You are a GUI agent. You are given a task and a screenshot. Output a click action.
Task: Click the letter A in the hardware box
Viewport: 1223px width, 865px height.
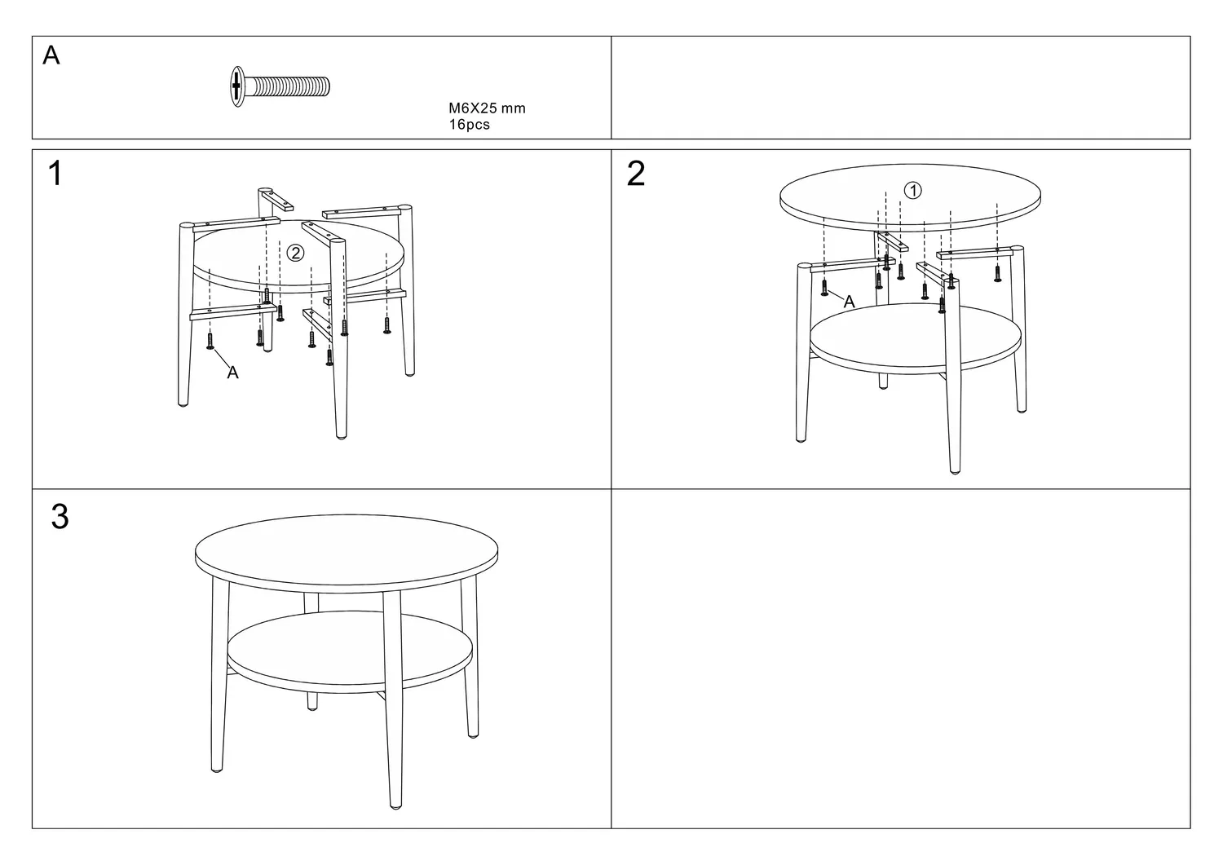pos(51,55)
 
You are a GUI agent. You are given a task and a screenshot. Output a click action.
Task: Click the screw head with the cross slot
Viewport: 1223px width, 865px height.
pos(237,86)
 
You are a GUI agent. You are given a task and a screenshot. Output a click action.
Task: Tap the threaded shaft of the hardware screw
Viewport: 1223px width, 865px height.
pos(287,86)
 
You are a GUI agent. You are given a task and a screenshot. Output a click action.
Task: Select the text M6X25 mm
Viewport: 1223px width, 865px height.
pos(487,108)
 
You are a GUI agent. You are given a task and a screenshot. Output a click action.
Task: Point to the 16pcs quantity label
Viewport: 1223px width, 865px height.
pos(469,125)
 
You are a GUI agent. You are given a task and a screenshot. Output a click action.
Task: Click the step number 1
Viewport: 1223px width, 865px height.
pos(55,174)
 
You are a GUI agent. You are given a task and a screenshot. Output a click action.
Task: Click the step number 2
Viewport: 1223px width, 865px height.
pos(636,174)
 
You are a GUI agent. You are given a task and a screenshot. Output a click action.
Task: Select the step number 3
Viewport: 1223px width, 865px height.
pos(60,517)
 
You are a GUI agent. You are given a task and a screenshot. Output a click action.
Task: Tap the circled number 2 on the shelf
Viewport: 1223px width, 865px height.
pos(295,253)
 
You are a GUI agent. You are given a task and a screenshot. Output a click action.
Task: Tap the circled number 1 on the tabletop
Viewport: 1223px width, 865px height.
pos(913,191)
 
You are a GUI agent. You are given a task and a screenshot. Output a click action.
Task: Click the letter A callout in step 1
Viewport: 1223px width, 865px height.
pos(232,373)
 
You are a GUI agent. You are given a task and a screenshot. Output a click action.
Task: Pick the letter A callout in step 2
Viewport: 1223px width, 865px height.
pos(849,302)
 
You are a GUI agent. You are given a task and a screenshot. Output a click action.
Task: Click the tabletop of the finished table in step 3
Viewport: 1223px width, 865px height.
pos(347,552)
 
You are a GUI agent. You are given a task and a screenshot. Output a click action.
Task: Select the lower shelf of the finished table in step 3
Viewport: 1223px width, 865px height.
pos(350,650)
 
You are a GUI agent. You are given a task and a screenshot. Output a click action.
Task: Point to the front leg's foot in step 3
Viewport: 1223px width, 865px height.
pos(395,805)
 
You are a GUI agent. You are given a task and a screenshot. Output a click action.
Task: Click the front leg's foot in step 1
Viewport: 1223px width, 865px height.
pos(342,435)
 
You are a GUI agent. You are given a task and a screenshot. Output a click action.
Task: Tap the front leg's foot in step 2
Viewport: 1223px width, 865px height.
pos(955,470)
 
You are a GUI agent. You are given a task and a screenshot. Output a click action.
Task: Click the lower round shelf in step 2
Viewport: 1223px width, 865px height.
pos(916,338)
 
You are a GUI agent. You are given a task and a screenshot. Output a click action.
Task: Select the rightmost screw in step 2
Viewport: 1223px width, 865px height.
pos(997,272)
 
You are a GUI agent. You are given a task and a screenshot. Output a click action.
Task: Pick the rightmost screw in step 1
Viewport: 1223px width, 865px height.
pos(387,325)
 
